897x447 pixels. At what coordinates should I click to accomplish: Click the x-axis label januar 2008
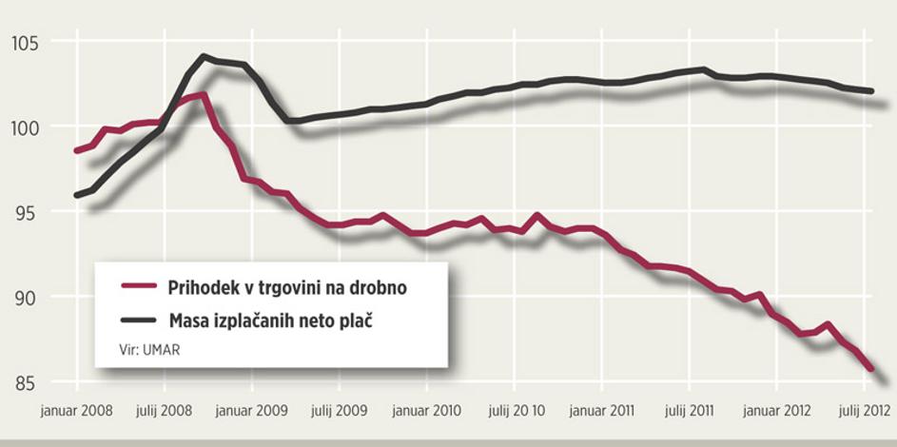(77, 412)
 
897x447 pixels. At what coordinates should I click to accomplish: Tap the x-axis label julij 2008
(164, 412)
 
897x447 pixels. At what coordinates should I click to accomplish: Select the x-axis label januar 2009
(252, 412)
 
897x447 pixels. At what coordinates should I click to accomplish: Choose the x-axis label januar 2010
(427, 412)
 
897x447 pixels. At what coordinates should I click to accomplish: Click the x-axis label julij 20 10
(516, 412)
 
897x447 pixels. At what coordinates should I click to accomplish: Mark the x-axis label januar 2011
(602, 412)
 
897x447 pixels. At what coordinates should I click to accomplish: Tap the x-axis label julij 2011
(690, 412)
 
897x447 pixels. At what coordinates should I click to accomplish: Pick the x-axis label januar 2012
(776, 412)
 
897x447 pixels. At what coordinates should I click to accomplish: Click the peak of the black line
(204, 56)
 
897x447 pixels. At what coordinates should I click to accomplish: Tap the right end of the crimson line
(871, 368)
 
